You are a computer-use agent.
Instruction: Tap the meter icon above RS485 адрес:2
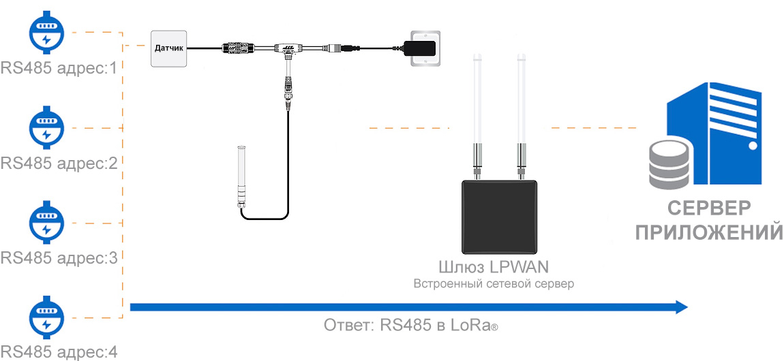pos(46,127)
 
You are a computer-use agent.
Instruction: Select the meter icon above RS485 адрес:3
pos(46,223)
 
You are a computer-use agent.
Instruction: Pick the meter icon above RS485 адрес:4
pos(46,317)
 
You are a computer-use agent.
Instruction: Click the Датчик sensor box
pos(168,48)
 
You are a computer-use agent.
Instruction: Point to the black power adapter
pos(419,48)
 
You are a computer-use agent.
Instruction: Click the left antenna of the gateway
pos(477,109)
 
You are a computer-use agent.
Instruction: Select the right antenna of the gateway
pos(523,109)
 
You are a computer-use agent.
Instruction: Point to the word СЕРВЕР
pos(708,208)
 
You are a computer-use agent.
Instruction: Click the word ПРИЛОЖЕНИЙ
pos(708,232)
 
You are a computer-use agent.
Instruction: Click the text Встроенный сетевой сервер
pos(494,283)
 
